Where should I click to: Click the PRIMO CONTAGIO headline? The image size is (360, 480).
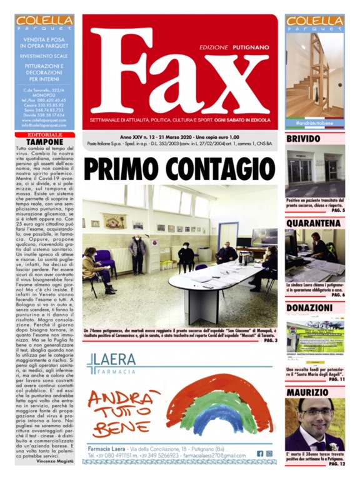179,167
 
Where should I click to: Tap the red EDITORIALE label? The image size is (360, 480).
45,135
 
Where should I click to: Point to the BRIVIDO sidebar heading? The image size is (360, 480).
304,139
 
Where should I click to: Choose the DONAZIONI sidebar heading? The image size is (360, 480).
312,308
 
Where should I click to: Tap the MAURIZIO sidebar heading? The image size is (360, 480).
307,392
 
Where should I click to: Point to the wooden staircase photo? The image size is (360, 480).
315,75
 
